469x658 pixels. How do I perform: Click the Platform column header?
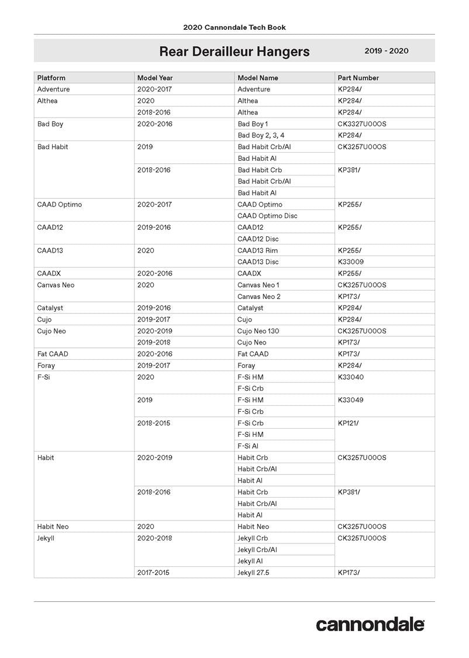pyautogui.click(x=51, y=78)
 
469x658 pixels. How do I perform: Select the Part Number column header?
pyautogui.click(x=358, y=78)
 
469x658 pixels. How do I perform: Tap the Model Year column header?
pyautogui.click(x=155, y=78)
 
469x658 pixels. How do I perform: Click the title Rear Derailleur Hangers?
pyautogui.click(x=234, y=51)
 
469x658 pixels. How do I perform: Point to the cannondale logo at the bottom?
pyautogui.click(x=370, y=624)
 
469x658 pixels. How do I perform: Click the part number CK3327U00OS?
pyautogui.click(x=362, y=124)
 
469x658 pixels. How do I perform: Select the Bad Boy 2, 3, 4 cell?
pyautogui.click(x=261, y=136)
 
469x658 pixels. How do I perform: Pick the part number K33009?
pyautogui.click(x=350, y=262)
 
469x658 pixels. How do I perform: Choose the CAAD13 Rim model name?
pyautogui.click(x=257, y=250)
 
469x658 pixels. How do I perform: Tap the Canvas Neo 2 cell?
pyautogui.click(x=258, y=297)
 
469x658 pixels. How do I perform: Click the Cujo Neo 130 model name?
pyautogui.click(x=258, y=331)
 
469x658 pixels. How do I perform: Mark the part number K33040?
pyautogui.click(x=350, y=377)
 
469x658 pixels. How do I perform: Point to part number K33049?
pyautogui.click(x=350, y=400)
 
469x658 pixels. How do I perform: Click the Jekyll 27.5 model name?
pyautogui.click(x=253, y=573)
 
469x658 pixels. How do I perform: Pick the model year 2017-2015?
pyautogui.click(x=153, y=573)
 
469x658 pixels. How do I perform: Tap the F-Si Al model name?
pyautogui.click(x=248, y=446)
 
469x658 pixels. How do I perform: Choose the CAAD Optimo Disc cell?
pyautogui.click(x=267, y=216)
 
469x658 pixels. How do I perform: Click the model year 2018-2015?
pyautogui.click(x=154, y=423)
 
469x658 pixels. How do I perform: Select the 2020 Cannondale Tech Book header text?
pyautogui.click(x=234, y=27)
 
